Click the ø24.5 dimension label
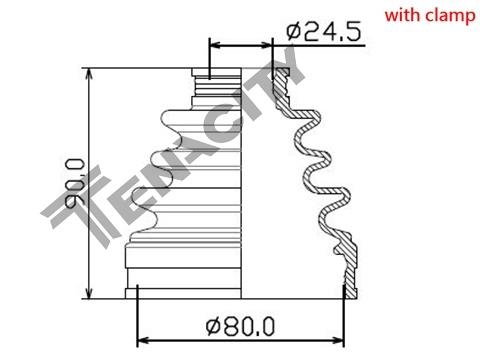323,32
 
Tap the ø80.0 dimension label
240,326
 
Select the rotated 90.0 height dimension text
74,183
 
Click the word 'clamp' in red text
449,16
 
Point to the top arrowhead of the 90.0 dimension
89,75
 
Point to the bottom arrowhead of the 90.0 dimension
89,292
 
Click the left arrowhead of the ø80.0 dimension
144,341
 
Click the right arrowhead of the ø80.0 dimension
337,341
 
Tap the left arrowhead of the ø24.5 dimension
216,45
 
